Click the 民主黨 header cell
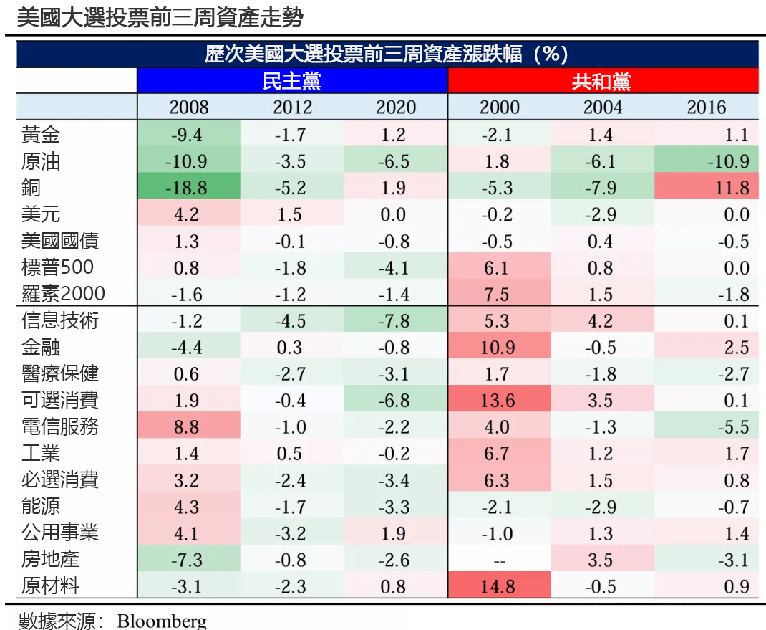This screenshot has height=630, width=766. pyautogui.click(x=292, y=81)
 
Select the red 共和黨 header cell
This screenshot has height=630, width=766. pyautogui.click(x=602, y=81)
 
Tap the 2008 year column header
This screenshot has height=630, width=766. pyautogui.click(x=189, y=108)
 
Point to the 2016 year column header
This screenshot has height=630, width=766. pyautogui.click(x=706, y=108)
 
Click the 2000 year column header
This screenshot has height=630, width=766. pyautogui.click(x=500, y=108)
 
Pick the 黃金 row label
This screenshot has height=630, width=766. pyautogui.click(x=41, y=135)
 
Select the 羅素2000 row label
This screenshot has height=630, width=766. pyautogui.click(x=63, y=294)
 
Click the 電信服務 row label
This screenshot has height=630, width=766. pyautogui.click(x=60, y=426)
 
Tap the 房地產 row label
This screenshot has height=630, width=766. pyautogui.click(x=50, y=559)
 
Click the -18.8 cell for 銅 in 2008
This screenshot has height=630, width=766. pyautogui.click(x=189, y=188)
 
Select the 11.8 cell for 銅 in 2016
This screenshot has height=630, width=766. pyautogui.click(x=706, y=188)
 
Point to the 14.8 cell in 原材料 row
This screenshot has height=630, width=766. pyautogui.click(x=498, y=586)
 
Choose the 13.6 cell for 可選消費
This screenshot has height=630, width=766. pyautogui.click(x=498, y=400)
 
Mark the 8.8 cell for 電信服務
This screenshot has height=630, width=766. pyautogui.click(x=189, y=426)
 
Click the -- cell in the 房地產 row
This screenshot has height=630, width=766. pyautogui.click(x=498, y=559)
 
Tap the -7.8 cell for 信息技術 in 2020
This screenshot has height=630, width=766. pyautogui.click(x=395, y=320)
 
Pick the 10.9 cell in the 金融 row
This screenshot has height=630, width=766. pyautogui.click(x=498, y=347)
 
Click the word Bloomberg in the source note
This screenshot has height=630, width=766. pyautogui.click(x=162, y=621)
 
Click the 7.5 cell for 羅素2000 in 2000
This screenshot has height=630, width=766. pyautogui.click(x=498, y=294)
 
